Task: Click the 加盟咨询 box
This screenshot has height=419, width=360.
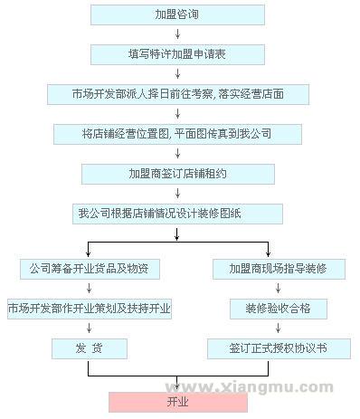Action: click(178, 14)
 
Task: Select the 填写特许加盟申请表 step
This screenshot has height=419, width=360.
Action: click(178, 53)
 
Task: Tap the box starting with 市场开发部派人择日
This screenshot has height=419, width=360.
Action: click(178, 93)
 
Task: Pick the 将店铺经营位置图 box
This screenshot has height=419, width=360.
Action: click(178, 133)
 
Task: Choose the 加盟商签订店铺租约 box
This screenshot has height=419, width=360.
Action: click(178, 173)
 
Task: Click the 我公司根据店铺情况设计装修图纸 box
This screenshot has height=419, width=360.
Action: click(178, 214)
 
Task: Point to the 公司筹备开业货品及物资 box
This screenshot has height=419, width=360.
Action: click(89, 269)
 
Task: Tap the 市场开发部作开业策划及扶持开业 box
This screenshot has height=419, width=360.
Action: click(89, 309)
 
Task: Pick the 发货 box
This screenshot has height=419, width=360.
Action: click(89, 348)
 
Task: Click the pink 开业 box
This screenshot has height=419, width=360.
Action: click(178, 402)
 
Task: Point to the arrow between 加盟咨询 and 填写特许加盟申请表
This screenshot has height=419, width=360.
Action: click(178, 34)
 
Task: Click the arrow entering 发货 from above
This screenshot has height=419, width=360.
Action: click(89, 329)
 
